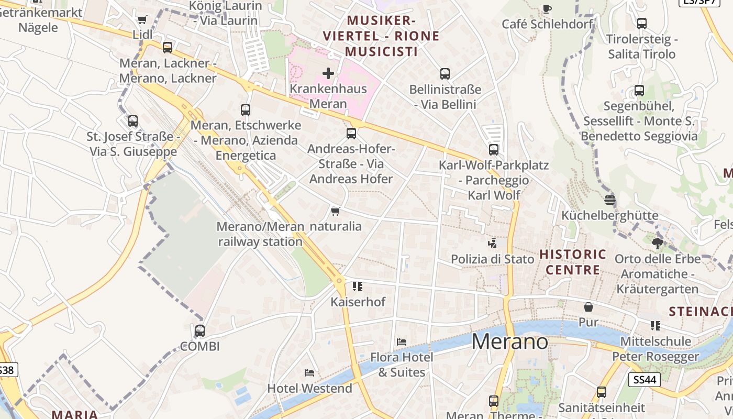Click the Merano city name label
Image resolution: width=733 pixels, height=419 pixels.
pos(510,341)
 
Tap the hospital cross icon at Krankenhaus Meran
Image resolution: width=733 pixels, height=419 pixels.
pos(328,73)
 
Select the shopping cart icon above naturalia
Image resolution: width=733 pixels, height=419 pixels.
pos(336,211)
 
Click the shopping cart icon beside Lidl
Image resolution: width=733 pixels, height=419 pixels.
pos(142,19)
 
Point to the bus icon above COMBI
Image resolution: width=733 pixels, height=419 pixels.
pos(200,331)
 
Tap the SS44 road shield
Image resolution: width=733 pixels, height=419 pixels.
pos(645,379)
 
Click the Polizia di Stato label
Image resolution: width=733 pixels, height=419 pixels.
pos(493,259)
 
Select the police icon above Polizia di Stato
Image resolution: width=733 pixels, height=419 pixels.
pos(492,243)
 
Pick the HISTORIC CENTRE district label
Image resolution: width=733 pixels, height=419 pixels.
pos(573,262)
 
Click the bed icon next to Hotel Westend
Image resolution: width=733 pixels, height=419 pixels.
pos(309,373)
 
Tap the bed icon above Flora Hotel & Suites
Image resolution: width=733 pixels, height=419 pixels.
pos(402,341)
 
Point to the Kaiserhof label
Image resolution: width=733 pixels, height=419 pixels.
pos(358,302)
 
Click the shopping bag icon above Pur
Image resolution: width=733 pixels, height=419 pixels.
pos(588,307)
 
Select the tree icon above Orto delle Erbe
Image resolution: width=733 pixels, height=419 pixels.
pos(658,243)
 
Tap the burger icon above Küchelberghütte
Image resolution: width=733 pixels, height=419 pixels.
pos(609,200)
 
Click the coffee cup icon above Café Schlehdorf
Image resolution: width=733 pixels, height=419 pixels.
pos(547,8)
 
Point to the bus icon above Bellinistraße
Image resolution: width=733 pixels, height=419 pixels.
pos(445,74)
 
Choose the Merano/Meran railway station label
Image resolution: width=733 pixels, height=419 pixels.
pos(260,234)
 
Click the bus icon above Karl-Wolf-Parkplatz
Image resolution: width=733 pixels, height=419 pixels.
pos(494,150)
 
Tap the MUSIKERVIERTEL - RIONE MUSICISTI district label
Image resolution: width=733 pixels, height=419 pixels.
pos(381,36)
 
